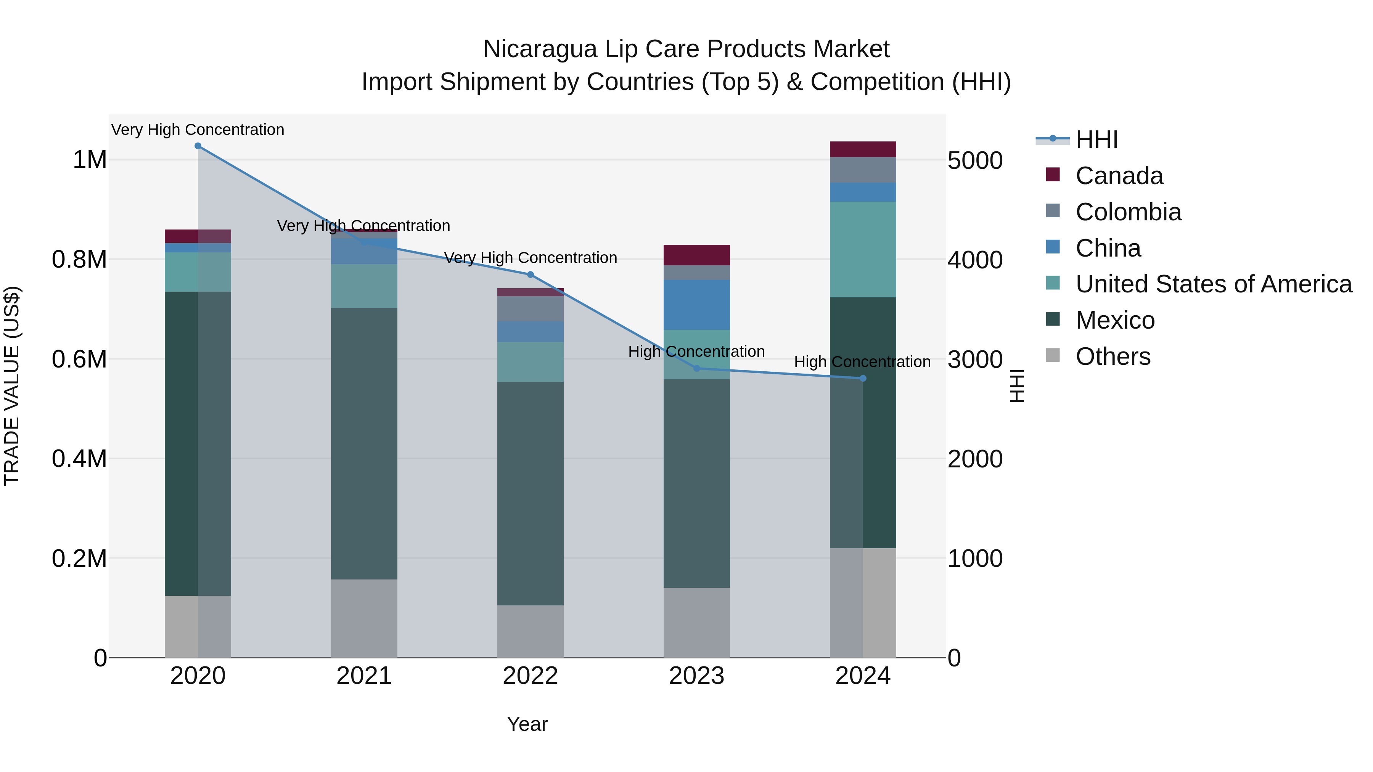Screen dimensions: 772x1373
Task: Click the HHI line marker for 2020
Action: (x=198, y=146)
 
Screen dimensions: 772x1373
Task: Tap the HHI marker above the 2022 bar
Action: (x=531, y=275)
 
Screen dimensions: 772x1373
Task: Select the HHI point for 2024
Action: (x=863, y=378)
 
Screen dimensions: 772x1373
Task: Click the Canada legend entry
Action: (x=1119, y=176)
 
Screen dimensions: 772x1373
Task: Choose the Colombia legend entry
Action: (x=1128, y=212)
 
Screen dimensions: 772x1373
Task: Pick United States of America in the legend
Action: (x=1213, y=284)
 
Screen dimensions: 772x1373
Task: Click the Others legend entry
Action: (x=1113, y=356)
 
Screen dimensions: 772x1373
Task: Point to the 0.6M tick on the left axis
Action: (x=79, y=359)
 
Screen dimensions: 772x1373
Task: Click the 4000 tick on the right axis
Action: (x=975, y=260)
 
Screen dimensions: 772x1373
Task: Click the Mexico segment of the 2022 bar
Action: (x=531, y=493)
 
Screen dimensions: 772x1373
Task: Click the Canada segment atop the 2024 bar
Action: (x=863, y=149)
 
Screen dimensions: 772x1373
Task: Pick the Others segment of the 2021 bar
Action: (x=364, y=618)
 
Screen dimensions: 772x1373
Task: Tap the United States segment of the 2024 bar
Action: (x=863, y=249)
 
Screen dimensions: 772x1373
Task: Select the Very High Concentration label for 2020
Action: (x=198, y=130)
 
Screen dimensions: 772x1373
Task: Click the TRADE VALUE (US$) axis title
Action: (x=12, y=386)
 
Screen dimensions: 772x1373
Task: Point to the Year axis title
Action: (x=527, y=724)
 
